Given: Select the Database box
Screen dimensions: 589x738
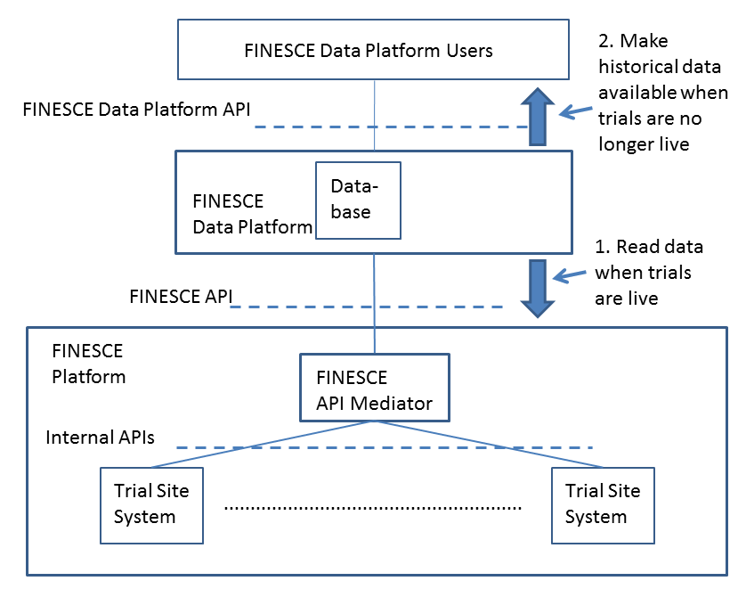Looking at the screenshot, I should (x=358, y=200).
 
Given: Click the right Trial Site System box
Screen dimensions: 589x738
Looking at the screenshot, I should (x=603, y=504).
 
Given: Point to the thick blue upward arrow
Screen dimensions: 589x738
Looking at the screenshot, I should (x=538, y=117).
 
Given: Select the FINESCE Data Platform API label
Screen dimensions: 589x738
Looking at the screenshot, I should (x=136, y=110).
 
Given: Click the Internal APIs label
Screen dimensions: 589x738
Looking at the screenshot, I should (x=101, y=438).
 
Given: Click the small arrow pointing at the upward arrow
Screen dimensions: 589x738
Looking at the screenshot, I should (x=576, y=110).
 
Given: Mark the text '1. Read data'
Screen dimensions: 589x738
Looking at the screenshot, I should (x=648, y=247).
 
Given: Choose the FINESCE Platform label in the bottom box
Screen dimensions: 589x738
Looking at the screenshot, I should (x=88, y=364).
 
